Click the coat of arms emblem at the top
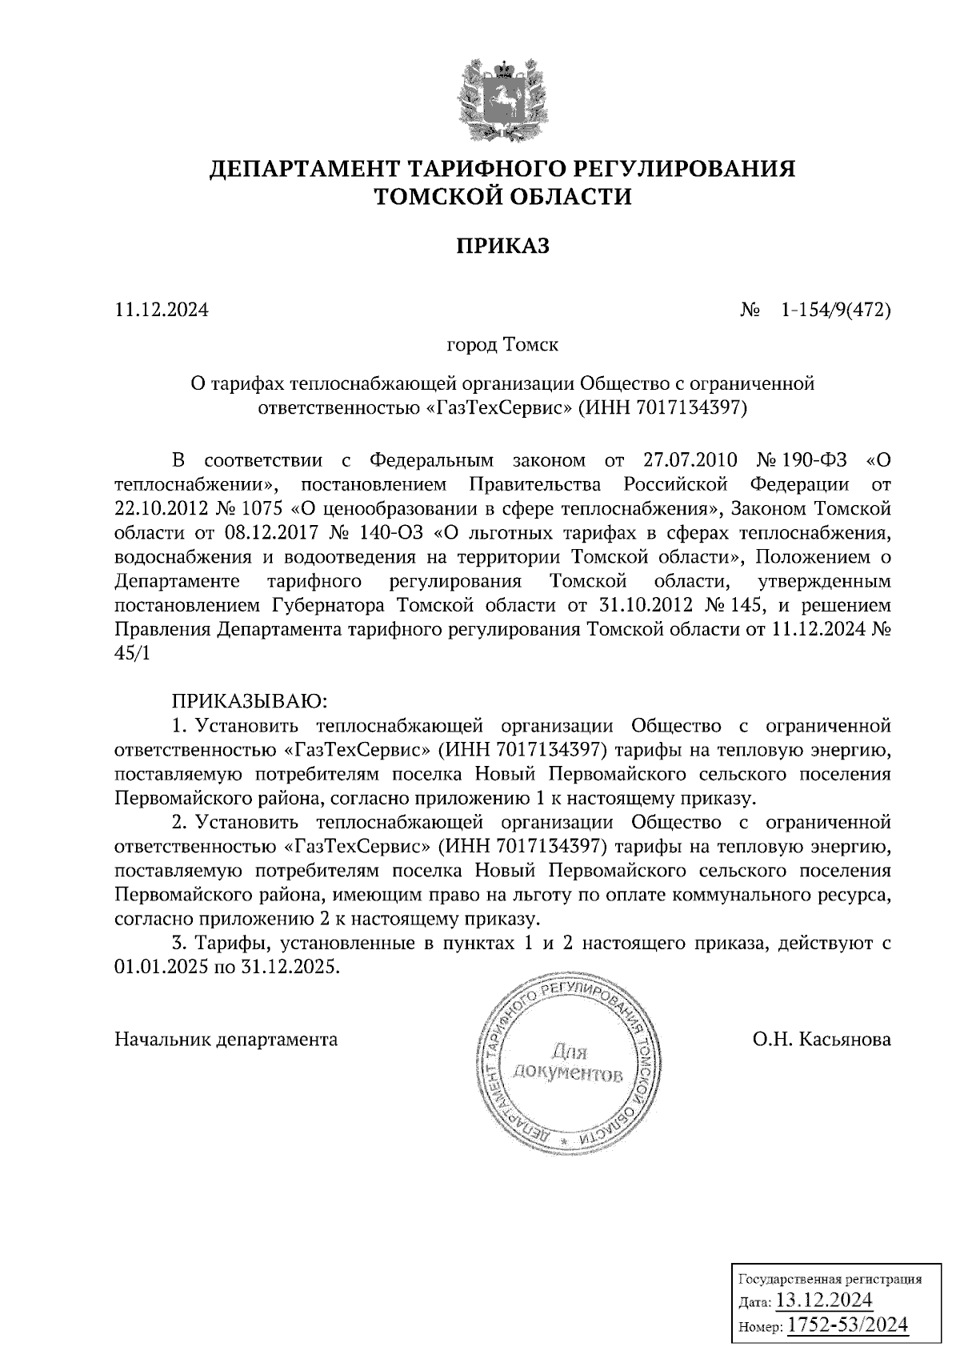point(503,99)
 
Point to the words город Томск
point(502,346)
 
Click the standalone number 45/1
point(132,653)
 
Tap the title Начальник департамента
point(226,1040)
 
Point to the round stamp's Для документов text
point(567,1063)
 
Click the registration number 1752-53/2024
point(849,1325)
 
